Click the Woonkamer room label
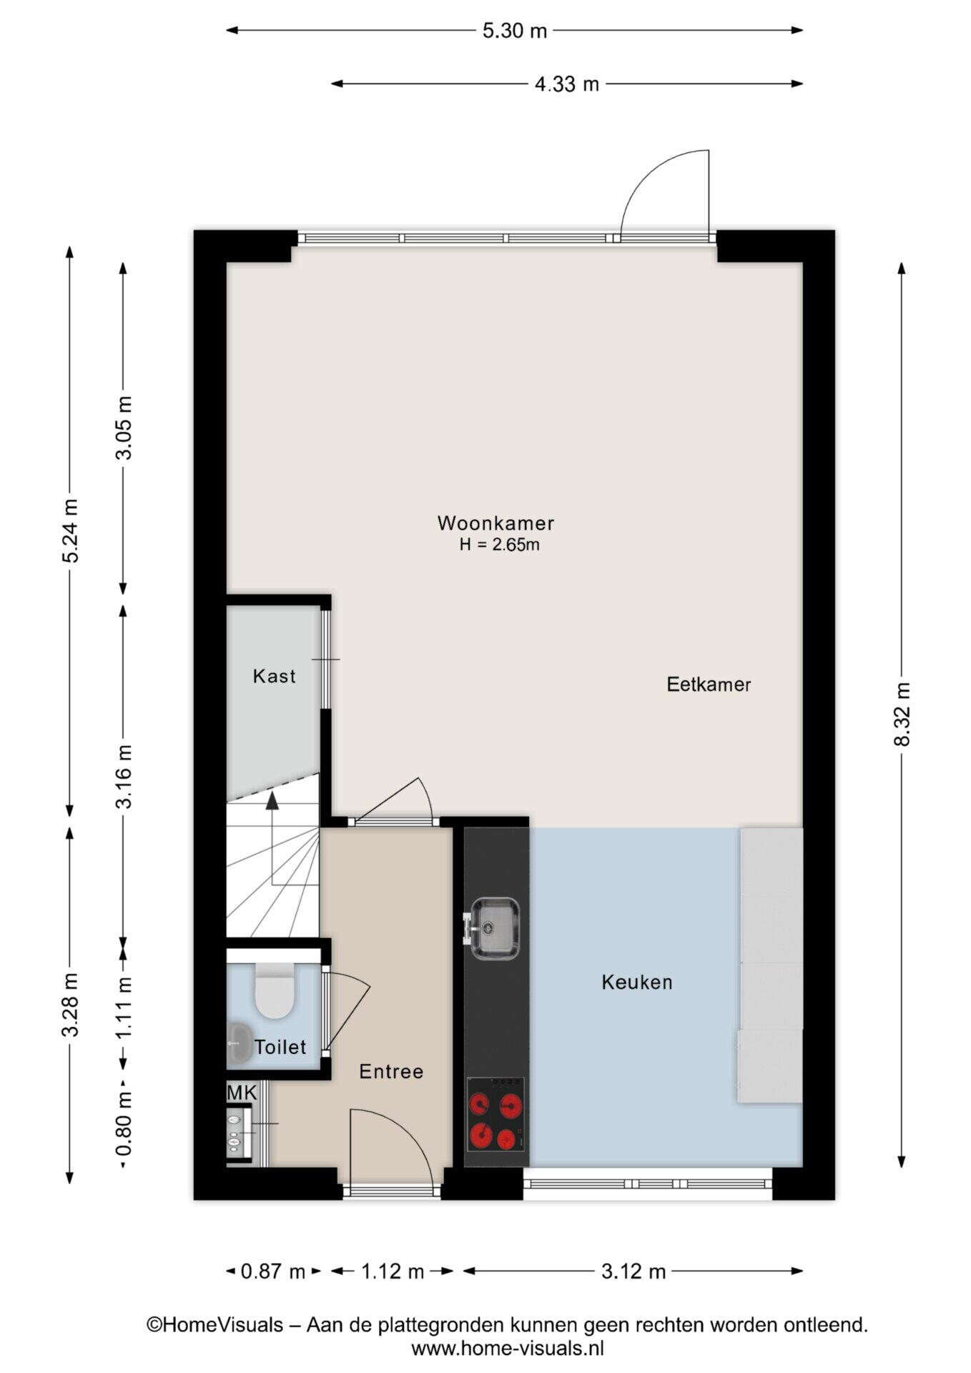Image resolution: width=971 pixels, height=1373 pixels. [496, 523]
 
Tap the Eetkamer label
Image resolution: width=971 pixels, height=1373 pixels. [709, 685]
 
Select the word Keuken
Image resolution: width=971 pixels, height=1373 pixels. [637, 983]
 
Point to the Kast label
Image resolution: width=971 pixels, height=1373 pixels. [274, 676]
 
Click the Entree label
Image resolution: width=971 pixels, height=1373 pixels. [391, 1072]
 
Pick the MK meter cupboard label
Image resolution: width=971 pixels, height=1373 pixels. [242, 1093]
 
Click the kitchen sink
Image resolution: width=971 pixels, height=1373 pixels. [493, 927]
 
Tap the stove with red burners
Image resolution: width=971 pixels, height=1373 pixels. [496, 1113]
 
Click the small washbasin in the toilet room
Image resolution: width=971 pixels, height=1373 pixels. [237, 1044]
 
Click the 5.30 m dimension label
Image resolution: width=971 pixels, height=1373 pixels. [515, 31]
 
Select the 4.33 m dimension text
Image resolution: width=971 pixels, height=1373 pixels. [567, 84]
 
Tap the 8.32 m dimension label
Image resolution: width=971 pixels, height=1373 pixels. [902, 714]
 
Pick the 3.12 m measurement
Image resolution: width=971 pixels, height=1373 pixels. [634, 1271]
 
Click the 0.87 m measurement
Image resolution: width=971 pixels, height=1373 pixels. [273, 1271]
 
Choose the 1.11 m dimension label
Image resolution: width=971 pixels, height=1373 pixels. [124, 1008]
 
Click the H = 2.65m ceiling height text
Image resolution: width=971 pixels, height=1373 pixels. [499, 545]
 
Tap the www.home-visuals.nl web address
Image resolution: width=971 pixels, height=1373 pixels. [508, 1349]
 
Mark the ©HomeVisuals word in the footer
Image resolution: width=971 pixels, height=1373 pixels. [215, 1325]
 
